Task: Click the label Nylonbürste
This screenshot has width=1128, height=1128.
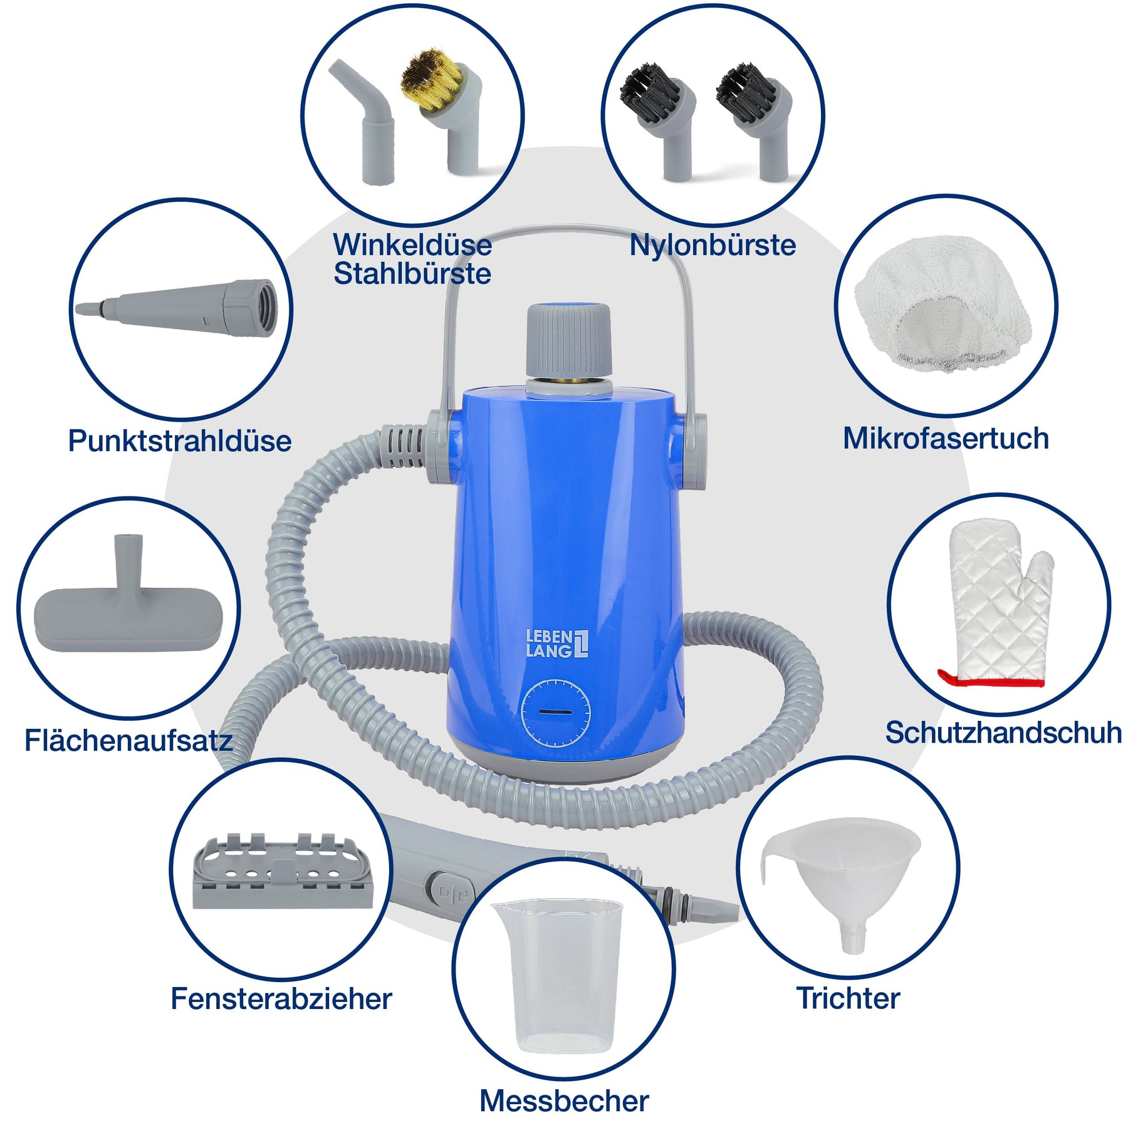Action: [x=713, y=245]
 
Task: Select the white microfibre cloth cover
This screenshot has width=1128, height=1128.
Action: [x=943, y=304]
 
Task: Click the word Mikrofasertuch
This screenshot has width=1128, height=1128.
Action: [x=946, y=438]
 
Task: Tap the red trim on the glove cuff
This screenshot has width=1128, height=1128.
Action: [x=990, y=679]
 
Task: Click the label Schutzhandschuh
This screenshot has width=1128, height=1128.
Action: [x=1003, y=733]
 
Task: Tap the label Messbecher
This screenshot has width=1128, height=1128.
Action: [x=564, y=1101]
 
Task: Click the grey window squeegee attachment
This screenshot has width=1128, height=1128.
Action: [x=283, y=871]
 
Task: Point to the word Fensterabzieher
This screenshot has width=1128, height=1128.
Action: [x=281, y=999]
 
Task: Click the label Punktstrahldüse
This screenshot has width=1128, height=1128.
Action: [x=180, y=441]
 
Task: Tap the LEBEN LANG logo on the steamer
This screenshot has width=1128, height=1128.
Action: [x=557, y=644]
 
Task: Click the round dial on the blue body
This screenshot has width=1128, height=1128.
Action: [x=556, y=713]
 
